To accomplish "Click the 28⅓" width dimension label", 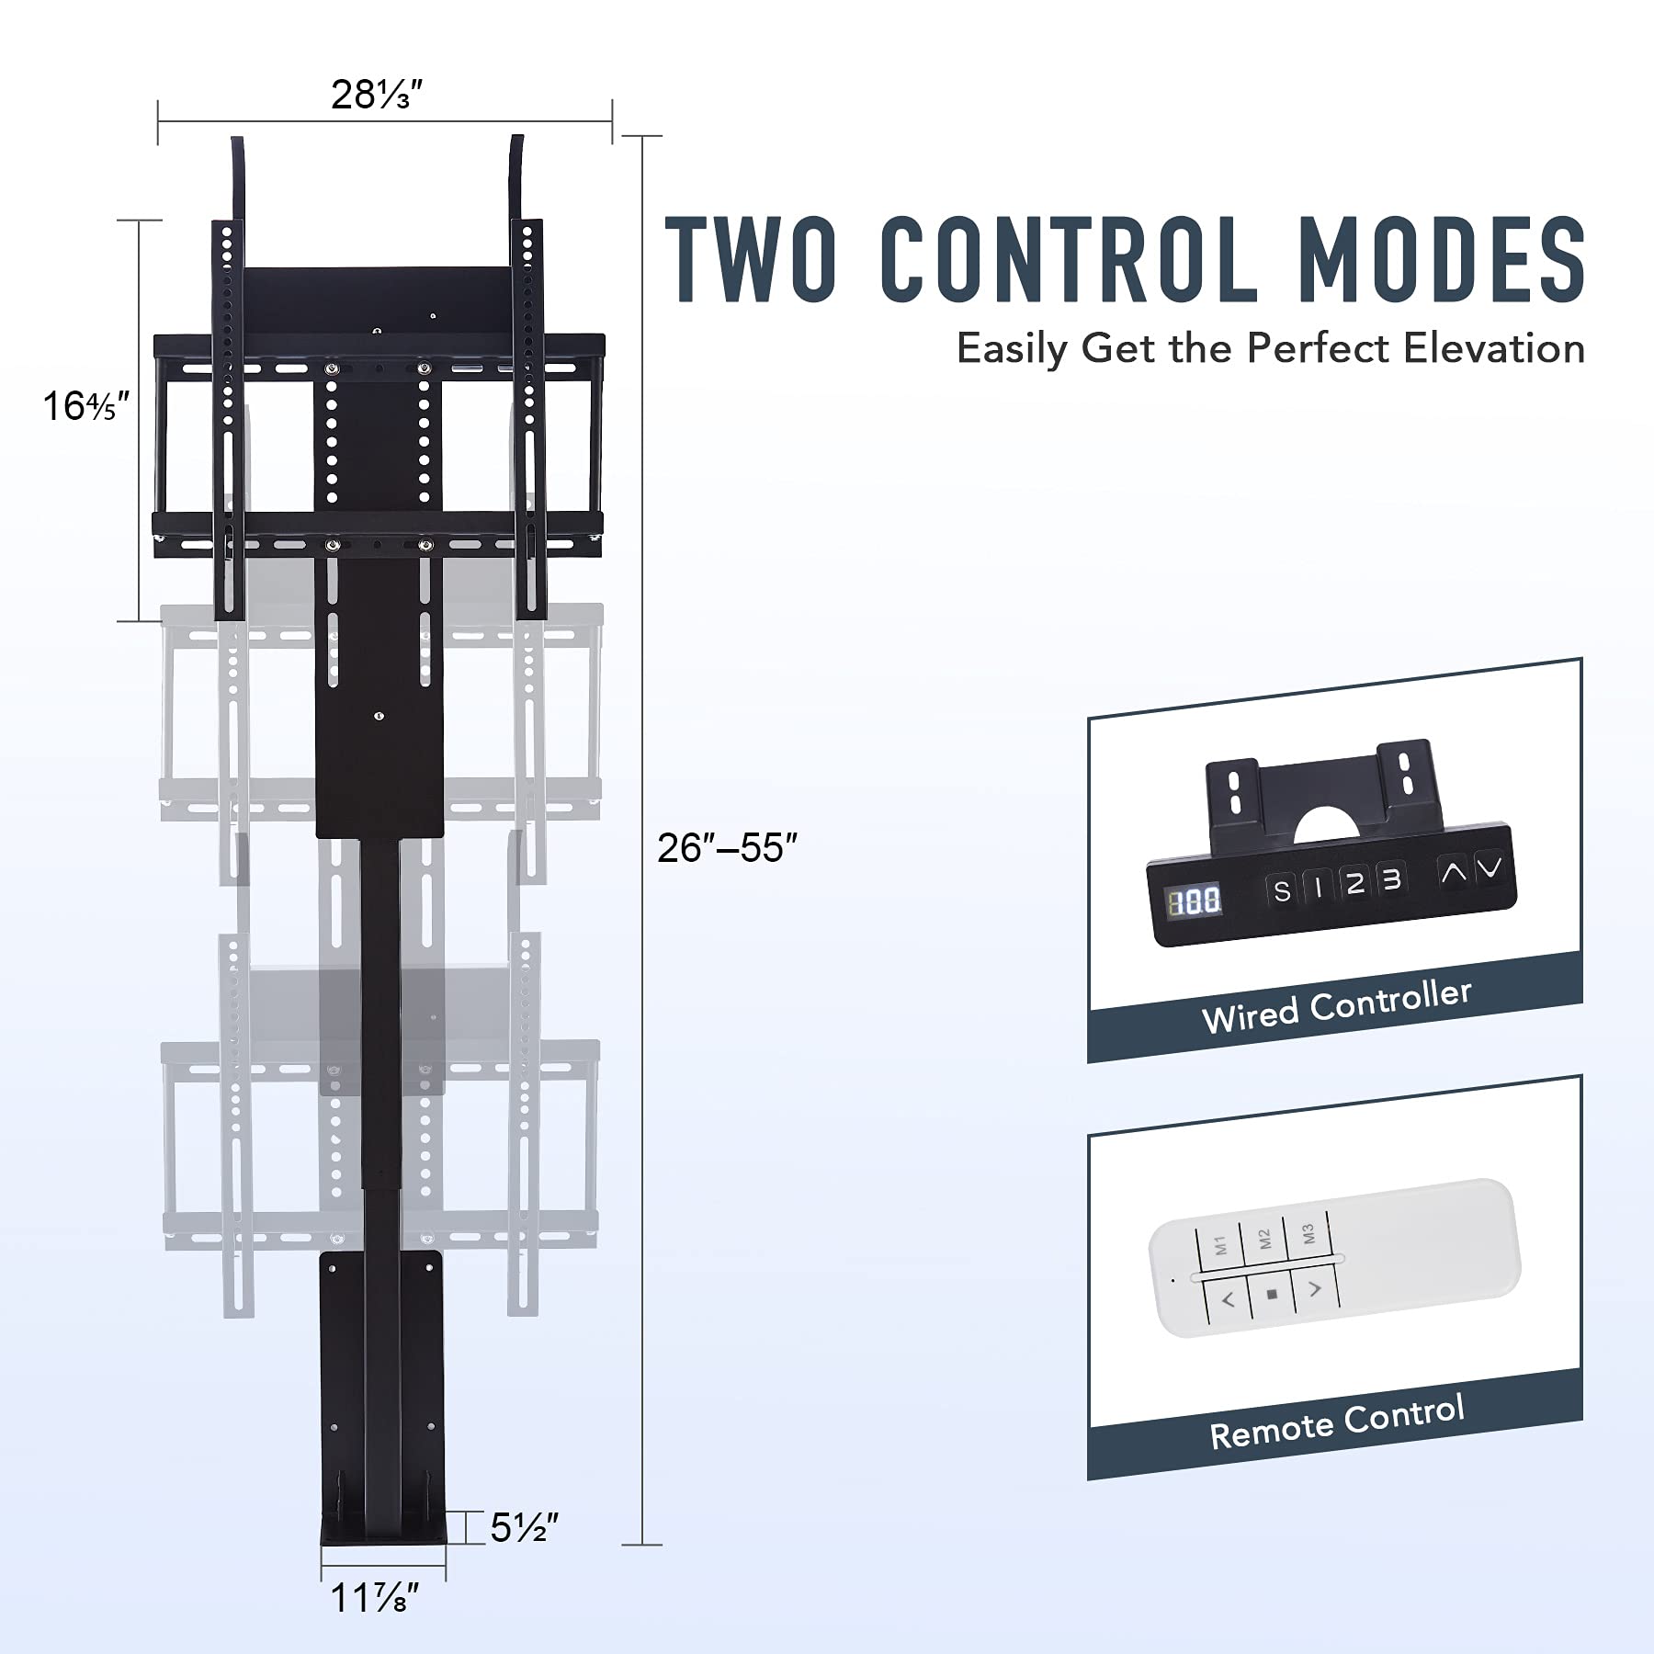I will [376, 95].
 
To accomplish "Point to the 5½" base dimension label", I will [524, 1528].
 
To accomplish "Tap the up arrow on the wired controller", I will [1453, 871].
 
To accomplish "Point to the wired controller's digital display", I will [1195, 901].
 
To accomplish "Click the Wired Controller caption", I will [1336, 1006].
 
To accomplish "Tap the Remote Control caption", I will [1336, 1422].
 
